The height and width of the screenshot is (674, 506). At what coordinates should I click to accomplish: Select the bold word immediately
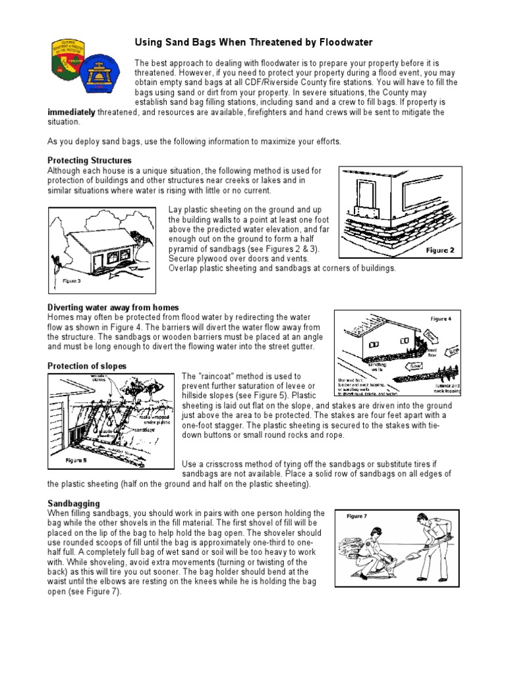coord(72,113)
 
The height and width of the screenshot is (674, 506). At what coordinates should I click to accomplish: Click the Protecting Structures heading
coord(90,160)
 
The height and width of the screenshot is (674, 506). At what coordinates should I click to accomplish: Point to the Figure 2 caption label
coord(439,251)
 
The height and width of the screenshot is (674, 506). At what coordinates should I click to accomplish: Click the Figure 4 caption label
coord(441,319)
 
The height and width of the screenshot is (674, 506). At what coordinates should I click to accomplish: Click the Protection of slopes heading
coord(87,365)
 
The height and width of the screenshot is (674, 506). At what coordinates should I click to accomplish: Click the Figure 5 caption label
coord(76,460)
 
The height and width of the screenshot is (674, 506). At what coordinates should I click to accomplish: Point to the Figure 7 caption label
coord(356,517)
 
